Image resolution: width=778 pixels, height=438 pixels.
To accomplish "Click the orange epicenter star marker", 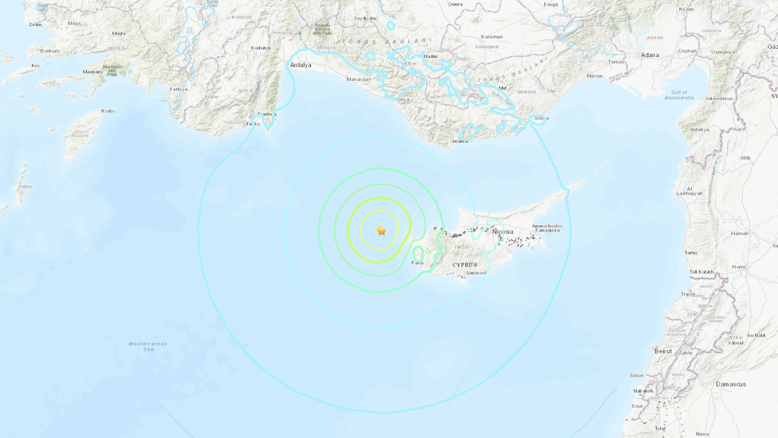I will click(381, 231).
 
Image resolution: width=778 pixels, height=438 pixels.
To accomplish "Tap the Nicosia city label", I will click(503, 232).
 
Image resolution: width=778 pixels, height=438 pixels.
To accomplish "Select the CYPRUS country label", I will click(465, 265).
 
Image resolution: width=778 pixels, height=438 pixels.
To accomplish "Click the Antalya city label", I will click(301, 65).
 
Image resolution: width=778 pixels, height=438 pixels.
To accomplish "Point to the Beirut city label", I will click(663, 351).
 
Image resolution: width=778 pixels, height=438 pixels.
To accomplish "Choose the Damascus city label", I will click(731, 385).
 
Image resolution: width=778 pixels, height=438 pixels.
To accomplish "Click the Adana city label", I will click(650, 55).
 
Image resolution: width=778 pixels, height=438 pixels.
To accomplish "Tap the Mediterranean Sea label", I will click(148, 346).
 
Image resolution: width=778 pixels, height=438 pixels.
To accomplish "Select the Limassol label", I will click(476, 273).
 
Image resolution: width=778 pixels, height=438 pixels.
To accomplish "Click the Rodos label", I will click(108, 111).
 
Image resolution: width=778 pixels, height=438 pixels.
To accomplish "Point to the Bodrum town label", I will click(50, 51).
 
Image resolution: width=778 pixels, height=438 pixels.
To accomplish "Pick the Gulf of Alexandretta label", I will click(679, 95).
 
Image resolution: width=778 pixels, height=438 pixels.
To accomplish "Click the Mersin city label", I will click(595, 76).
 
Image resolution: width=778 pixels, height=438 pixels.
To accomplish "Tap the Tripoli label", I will click(688, 294).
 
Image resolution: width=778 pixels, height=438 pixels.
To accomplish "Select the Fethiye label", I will click(179, 89).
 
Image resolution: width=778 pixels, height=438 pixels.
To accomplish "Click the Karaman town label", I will click(492, 37).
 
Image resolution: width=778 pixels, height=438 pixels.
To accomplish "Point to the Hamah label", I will click(740, 234).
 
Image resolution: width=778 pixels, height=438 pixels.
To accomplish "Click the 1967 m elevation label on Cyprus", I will click(461, 248).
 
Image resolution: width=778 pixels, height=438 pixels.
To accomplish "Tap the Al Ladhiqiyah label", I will click(689, 191).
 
